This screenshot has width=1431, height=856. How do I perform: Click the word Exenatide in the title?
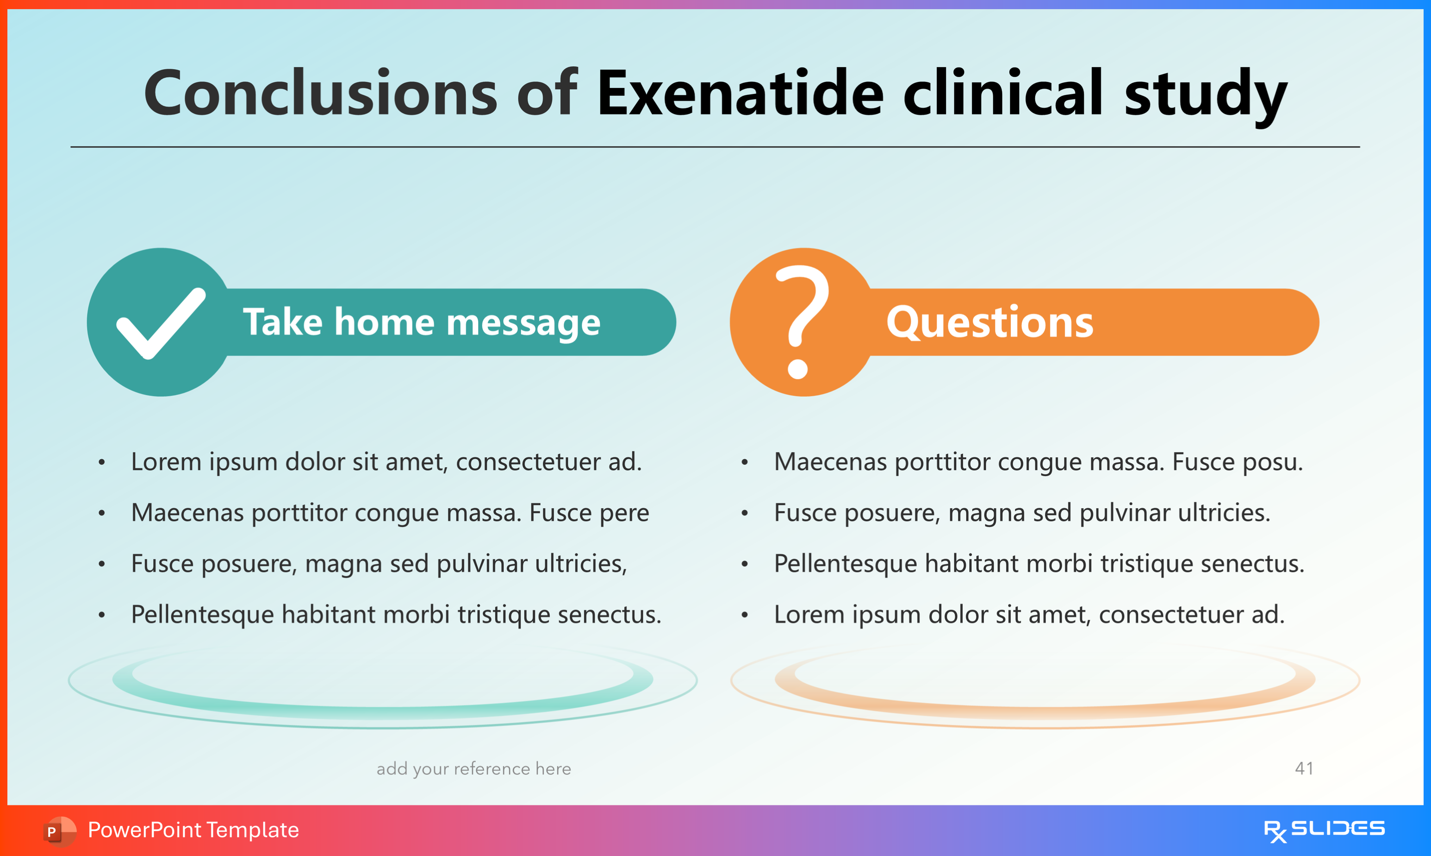pos(740,92)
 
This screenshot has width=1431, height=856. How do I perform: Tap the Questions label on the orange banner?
pos(990,322)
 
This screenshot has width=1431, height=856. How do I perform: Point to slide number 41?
pos(1304,768)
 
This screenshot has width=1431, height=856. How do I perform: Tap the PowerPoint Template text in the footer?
pos(193,830)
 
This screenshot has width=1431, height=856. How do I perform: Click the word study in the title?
pos(1206,95)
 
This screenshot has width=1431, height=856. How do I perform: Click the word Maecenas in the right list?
pos(830,462)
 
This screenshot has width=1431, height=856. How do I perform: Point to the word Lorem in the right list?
pos(810,615)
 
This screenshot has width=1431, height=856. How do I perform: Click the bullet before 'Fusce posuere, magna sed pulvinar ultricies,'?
pos(101,564)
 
